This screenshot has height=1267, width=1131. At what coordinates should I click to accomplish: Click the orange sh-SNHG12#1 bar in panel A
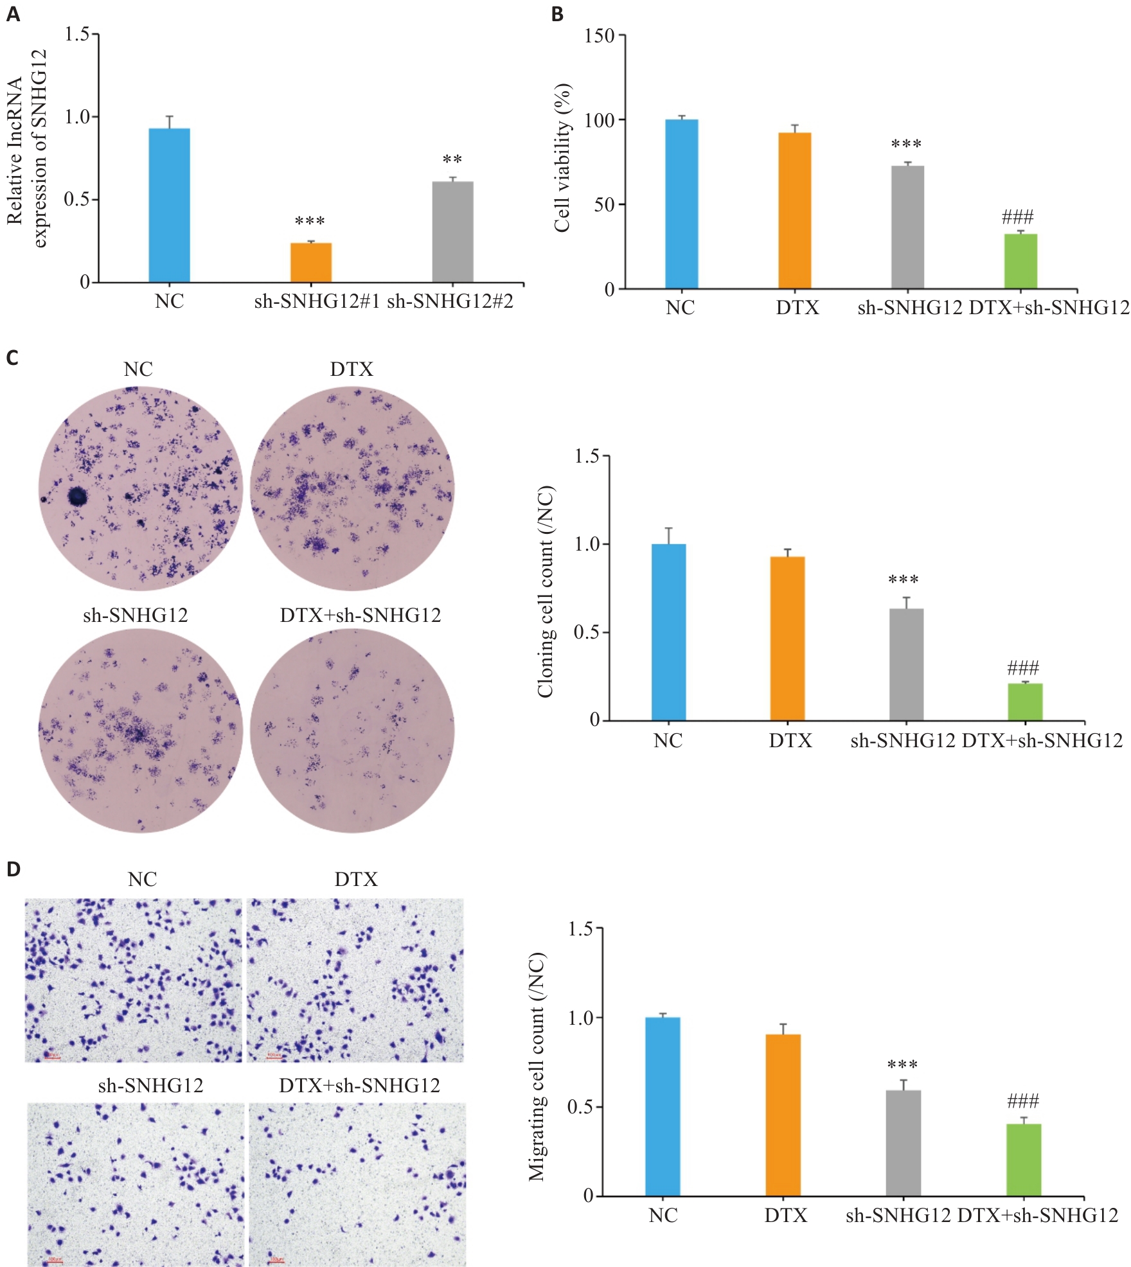click(311, 262)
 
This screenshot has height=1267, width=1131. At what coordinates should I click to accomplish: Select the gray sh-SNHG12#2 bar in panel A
click(452, 232)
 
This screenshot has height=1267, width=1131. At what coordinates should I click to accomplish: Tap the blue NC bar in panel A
click(169, 205)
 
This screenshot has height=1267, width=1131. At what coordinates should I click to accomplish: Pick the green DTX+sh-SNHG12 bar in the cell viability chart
click(1020, 261)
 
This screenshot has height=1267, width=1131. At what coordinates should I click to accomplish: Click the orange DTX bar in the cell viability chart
click(794, 210)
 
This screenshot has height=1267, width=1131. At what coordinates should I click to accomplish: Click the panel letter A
click(13, 14)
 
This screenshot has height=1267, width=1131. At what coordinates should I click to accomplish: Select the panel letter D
click(13, 869)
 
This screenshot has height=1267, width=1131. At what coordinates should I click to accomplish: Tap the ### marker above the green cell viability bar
click(1017, 217)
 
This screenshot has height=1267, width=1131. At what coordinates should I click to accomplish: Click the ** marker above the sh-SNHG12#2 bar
click(452, 159)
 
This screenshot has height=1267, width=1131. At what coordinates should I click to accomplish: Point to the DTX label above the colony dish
click(352, 369)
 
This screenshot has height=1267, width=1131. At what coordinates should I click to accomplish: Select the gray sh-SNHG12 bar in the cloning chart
click(906, 664)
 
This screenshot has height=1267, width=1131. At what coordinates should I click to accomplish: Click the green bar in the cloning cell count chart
click(1025, 702)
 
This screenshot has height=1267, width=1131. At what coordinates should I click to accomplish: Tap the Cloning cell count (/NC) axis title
click(546, 592)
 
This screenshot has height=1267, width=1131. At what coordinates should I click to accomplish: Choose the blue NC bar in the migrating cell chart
click(663, 1106)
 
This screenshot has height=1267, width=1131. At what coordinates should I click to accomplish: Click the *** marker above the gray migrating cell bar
click(902, 1065)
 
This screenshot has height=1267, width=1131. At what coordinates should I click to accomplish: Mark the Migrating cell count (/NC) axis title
click(537, 1067)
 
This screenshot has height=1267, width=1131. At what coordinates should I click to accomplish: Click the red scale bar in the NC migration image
click(52, 1057)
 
